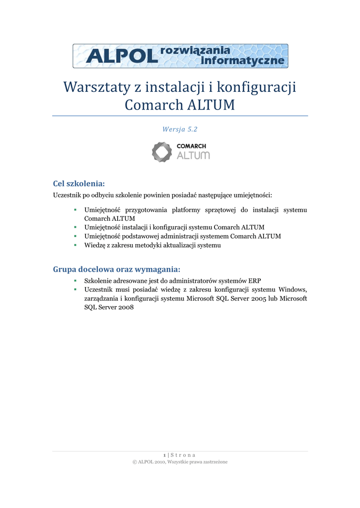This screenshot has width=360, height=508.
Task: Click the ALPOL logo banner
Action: click(180, 56)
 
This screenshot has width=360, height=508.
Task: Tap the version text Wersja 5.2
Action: click(180, 129)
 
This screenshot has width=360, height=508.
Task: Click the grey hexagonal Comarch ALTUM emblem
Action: click(161, 152)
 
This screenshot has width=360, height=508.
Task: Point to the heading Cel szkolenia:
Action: click(79, 184)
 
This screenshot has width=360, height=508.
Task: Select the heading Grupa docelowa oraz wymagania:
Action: click(116, 269)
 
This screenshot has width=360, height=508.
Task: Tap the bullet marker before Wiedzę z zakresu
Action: click(74, 245)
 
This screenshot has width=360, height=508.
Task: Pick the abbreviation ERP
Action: click(254, 280)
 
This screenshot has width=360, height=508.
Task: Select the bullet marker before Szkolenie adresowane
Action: click(74, 280)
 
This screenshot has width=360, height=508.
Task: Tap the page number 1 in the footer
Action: click(164, 455)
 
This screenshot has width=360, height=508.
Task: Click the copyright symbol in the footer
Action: click(135, 462)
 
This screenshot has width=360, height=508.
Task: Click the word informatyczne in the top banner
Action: click(243, 61)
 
